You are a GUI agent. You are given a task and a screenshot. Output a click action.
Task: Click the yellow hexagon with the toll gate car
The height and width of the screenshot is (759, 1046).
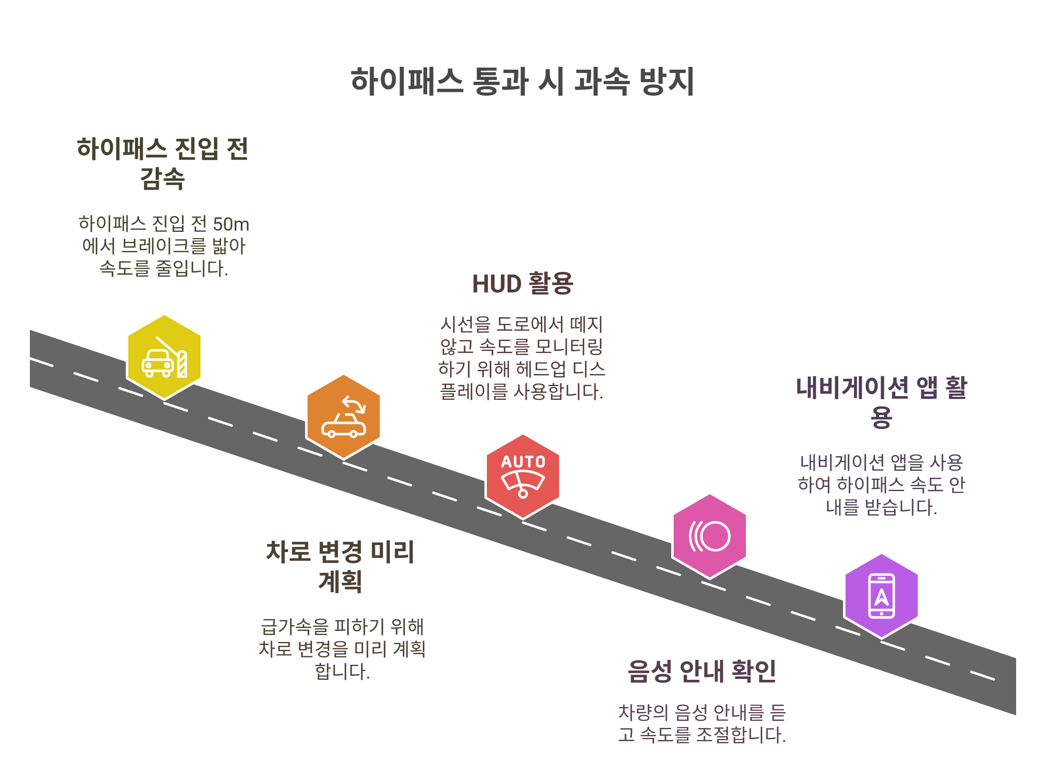pos(164,357)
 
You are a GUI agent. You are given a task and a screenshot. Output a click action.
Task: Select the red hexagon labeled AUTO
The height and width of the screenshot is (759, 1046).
pos(523,476)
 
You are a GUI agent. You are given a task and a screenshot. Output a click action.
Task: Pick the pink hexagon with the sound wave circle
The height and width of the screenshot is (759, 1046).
pos(709,536)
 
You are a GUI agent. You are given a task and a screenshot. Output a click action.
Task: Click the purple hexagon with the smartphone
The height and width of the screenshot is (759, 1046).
pos(881,596)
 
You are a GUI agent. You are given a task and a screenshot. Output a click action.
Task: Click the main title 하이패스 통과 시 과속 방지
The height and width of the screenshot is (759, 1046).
pos(522,82)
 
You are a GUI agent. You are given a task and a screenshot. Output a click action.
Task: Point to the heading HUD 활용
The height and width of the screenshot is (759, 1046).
pos(522,283)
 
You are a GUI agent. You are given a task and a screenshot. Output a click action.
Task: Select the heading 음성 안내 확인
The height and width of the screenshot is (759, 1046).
pos(702,671)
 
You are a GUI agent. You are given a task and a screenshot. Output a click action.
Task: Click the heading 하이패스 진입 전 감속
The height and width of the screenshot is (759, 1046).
pos(163,163)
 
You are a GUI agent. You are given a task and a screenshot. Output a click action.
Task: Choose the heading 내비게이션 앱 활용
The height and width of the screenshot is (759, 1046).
pos(881,402)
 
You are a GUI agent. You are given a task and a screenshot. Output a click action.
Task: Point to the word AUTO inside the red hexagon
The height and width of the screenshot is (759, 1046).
pos(523,462)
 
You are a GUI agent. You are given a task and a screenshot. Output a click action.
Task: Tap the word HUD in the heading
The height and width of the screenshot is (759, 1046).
pos(497,284)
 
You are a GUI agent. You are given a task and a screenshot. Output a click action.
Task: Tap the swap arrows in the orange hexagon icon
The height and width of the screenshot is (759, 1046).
pos(354,405)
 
